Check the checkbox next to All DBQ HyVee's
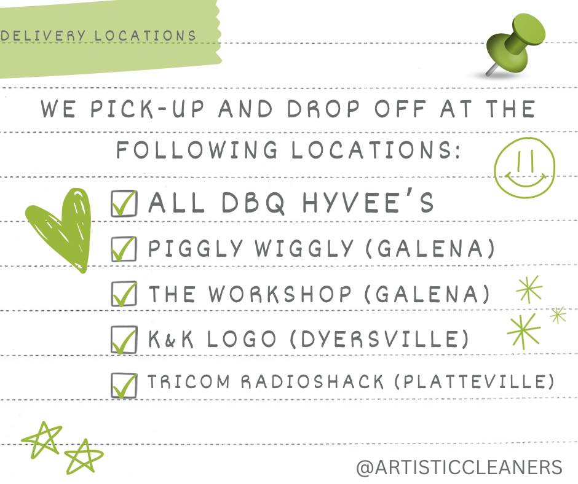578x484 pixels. [124, 203]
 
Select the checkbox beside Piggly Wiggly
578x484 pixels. [124, 249]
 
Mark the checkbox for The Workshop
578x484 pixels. [124, 294]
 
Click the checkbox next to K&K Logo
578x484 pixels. [124, 339]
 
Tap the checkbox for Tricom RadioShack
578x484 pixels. [124, 385]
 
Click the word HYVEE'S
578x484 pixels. [368, 202]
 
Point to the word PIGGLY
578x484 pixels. [196, 248]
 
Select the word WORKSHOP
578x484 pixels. [280, 294]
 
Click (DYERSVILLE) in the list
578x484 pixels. [379, 339]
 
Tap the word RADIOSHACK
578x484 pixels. [312, 381]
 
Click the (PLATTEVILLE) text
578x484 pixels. [475, 381]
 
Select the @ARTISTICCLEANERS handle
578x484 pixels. [459, 467]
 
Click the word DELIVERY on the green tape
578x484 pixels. [44, 36]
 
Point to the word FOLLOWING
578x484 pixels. [197, 149]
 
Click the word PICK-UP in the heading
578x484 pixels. [147, 109]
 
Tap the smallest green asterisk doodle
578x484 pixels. [558, 315]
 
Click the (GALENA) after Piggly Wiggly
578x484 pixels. [430, 248]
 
